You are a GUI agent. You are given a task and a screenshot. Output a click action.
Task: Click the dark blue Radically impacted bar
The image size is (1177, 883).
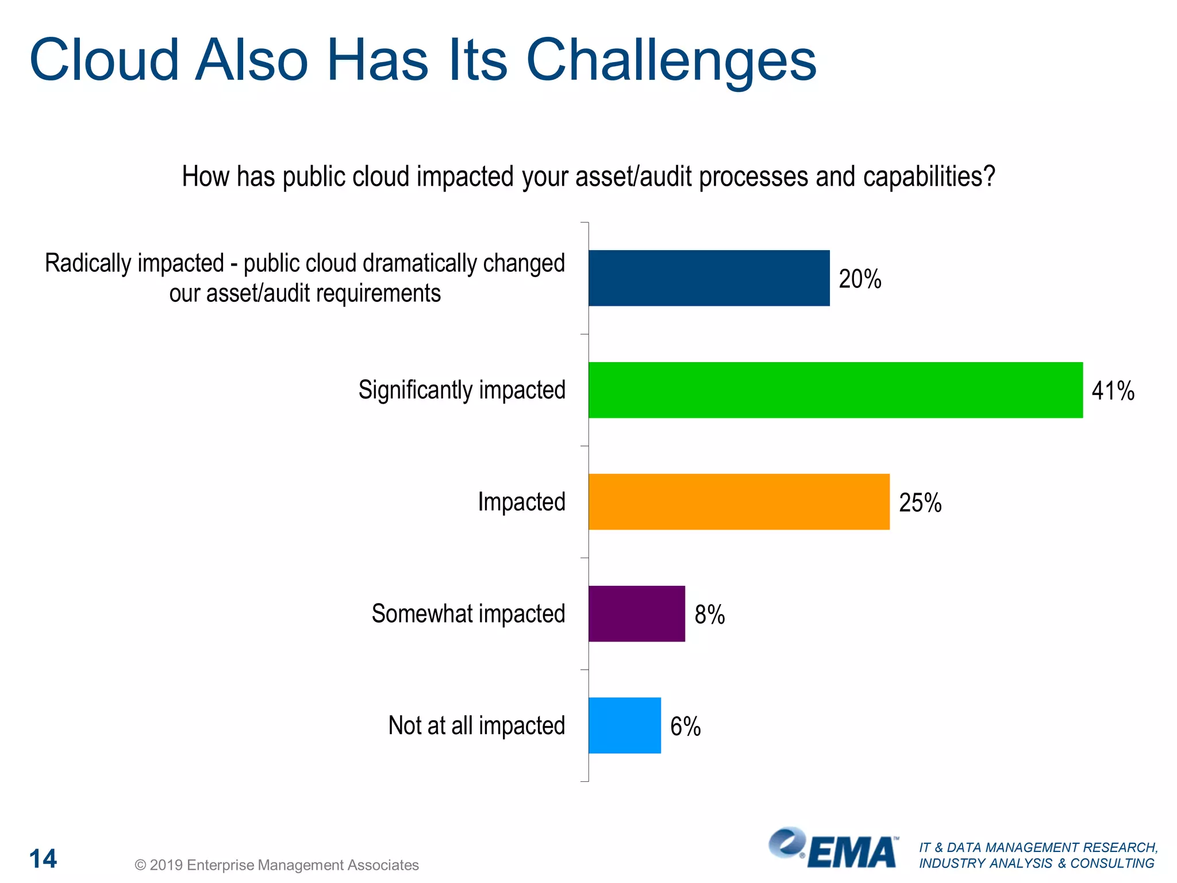pos(709,278)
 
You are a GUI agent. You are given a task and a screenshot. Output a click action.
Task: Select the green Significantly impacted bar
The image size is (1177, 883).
pos(835,390)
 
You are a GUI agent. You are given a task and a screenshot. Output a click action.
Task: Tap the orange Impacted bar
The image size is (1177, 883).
pos(738,501)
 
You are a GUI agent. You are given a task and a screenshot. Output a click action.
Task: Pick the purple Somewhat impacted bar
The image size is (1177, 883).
pos(636,613)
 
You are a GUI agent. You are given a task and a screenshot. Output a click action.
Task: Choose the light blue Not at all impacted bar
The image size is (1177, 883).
pos(624,725)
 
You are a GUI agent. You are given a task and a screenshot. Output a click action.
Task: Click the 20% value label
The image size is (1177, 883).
pos(860,279)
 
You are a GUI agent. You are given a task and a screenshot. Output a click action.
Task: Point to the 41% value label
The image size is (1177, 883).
pos(1113,391)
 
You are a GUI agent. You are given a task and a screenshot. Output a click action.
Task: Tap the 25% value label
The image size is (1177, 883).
pos(920,503)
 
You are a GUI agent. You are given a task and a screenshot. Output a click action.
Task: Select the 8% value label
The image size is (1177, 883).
pos(709,615)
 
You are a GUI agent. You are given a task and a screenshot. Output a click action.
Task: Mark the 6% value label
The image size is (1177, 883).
pos(685,727)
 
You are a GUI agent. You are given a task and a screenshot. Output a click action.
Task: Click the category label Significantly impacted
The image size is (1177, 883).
pos(462,390)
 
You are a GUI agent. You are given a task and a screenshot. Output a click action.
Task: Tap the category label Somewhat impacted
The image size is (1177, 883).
pos(468,613)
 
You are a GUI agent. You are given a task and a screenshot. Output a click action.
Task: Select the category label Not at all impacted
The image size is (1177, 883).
pos(476,725)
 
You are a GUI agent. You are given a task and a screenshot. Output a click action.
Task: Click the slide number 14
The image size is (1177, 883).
pos(43,859)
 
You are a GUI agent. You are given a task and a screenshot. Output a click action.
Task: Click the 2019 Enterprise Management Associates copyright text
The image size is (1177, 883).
pos(276,865)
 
